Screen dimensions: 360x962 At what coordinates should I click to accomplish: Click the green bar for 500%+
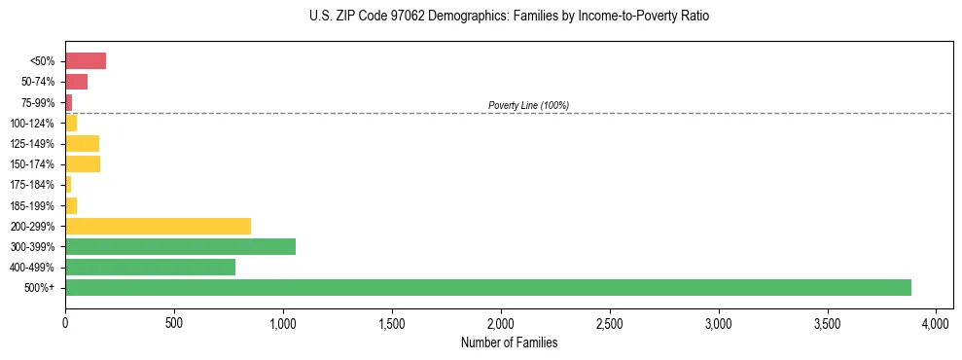click(487, 287)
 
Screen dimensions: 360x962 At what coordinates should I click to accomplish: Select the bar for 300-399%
click(180, 246)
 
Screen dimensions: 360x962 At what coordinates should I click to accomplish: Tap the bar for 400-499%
click(150, 267)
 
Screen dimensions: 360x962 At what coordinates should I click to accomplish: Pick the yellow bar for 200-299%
click(158, 226)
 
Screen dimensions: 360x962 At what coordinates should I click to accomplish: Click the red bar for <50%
click(86, 61)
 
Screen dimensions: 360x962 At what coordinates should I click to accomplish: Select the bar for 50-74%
click(77, 82)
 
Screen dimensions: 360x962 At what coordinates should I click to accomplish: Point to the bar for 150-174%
click(83, 164)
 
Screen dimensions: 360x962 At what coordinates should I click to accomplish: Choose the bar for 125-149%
click(82, 144)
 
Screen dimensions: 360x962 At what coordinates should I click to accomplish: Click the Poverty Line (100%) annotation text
click(528, 105)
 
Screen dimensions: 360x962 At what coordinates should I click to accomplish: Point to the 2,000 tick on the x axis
click(501, 321)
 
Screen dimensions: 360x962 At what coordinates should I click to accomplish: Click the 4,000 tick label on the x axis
click(936, 321)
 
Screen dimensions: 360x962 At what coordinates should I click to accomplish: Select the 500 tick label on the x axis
click(174, 321)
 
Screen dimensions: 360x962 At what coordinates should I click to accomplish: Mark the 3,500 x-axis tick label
click(827, 321)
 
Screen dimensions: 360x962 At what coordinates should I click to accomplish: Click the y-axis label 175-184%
click(32, 185)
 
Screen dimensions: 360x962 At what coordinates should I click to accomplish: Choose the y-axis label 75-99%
click(36, 102)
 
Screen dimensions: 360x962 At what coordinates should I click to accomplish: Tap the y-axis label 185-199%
click(32, 205)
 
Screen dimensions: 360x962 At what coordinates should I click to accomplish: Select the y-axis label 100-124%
click(32, 124)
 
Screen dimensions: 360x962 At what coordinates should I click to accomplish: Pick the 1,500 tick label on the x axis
click(392, 321)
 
